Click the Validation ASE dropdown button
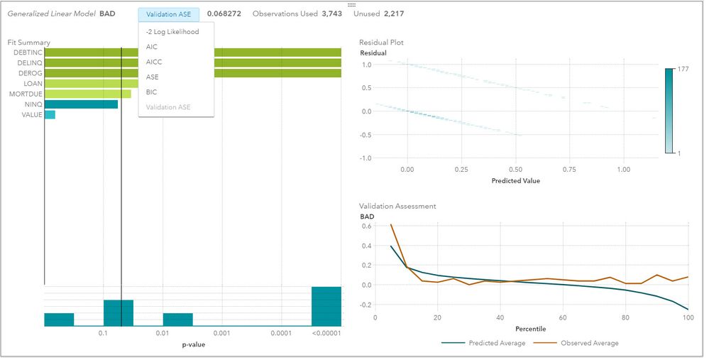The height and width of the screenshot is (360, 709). tap(169, 14)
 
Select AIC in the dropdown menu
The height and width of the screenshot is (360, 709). tap(152, 47)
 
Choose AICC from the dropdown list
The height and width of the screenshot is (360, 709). tap(154, 62)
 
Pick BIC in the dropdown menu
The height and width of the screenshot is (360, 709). tap(152, 92)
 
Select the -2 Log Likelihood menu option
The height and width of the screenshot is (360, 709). tap(172, 32)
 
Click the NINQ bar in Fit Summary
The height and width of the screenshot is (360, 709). tap(81, 104)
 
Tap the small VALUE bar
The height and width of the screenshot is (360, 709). tap(50, 114)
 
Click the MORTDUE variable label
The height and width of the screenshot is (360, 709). tap(26, 94)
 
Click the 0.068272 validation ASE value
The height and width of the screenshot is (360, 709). tap(226, 14)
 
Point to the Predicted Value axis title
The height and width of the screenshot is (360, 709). tap(515, 181)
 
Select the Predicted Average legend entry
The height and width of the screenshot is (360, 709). tap(497, 343)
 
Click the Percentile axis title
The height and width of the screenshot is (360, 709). tap(531, 329)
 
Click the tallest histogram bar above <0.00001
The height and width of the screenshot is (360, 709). tap(326, 307)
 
